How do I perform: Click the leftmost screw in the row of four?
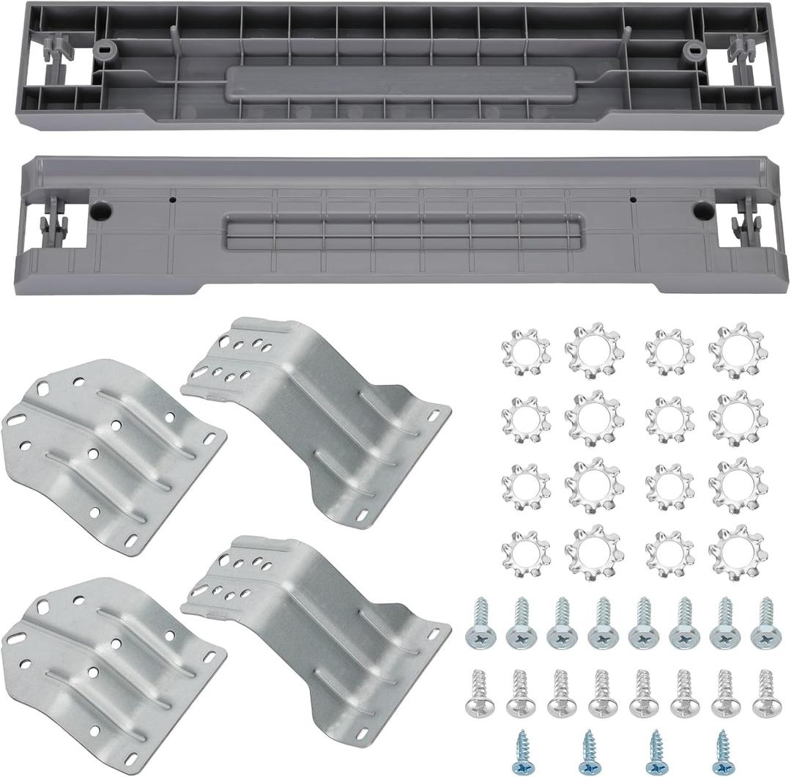coord(523,751)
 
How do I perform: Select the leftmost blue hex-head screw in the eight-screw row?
coord(480,623)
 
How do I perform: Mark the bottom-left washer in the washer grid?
coord(525,553)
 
